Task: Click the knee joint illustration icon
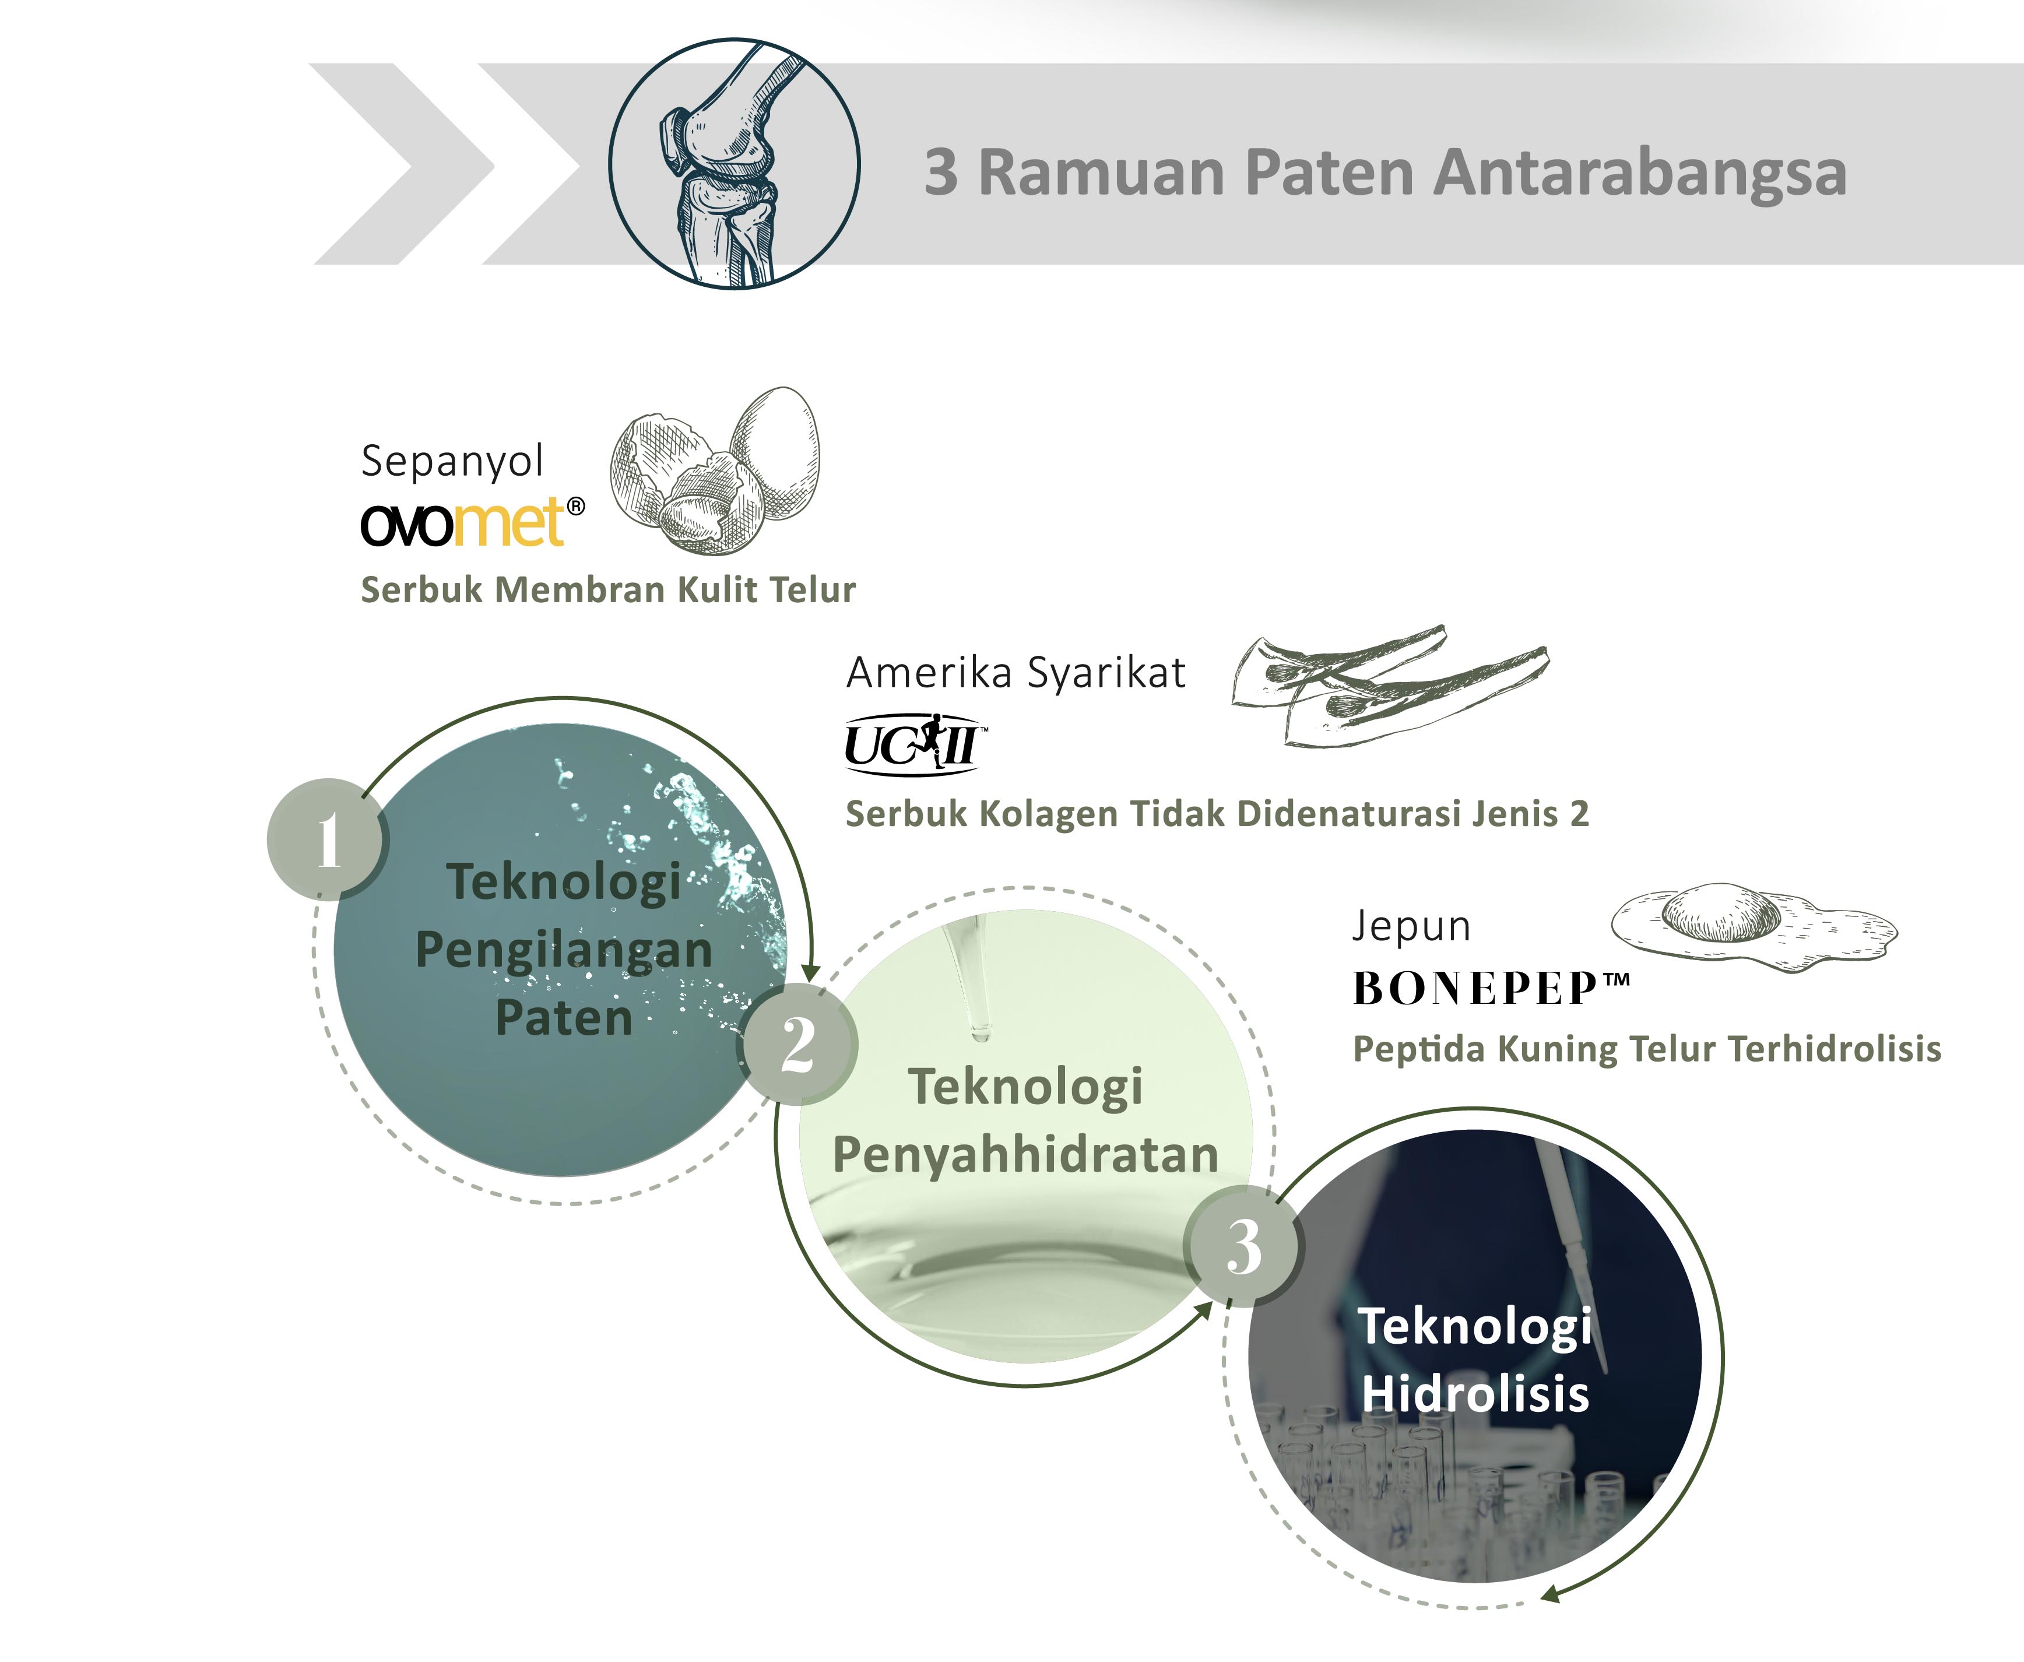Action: [733, 164]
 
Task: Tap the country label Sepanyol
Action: [452, 462]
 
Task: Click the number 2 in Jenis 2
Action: [1579, 814]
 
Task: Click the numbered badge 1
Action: [328, 839]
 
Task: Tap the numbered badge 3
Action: [1243, 1246]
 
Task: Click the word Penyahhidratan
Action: [1025, 1155]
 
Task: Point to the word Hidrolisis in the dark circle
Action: [1474, 1394]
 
